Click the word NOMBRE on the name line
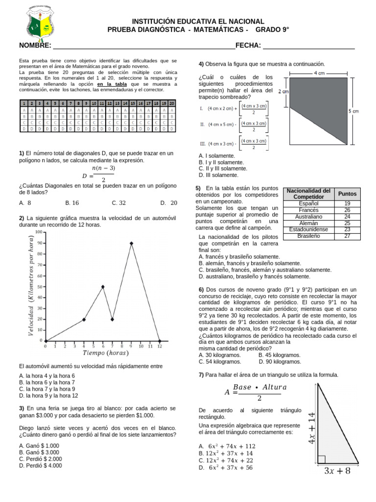click(x=35, y=46)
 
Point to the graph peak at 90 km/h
click(x=131, y=243)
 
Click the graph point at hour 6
click(x=103, y=287)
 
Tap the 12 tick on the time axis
click(x=160, y=346)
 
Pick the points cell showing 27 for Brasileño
click(x=347, y=236)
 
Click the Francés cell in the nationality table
click(x=308, y=210)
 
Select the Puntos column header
click(x=347, y=194)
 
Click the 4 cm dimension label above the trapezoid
click(x=318, y=73)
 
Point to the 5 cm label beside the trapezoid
click(x=353, y=111)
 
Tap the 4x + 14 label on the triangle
click(x=311, y=427)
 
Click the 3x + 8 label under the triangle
click(x=338, y=472)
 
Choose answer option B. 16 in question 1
click(x=72, y=202)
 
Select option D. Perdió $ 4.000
click(x=41, y=466)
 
